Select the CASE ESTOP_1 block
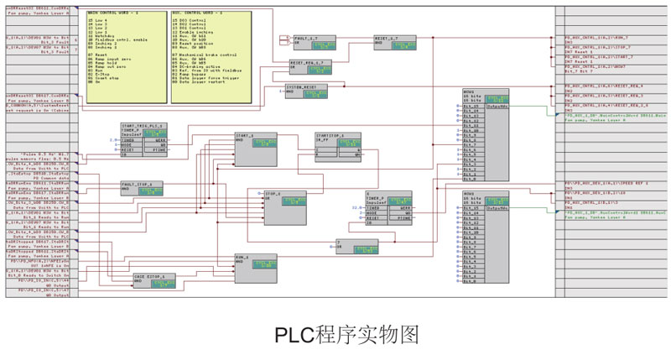coord(156,279)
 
